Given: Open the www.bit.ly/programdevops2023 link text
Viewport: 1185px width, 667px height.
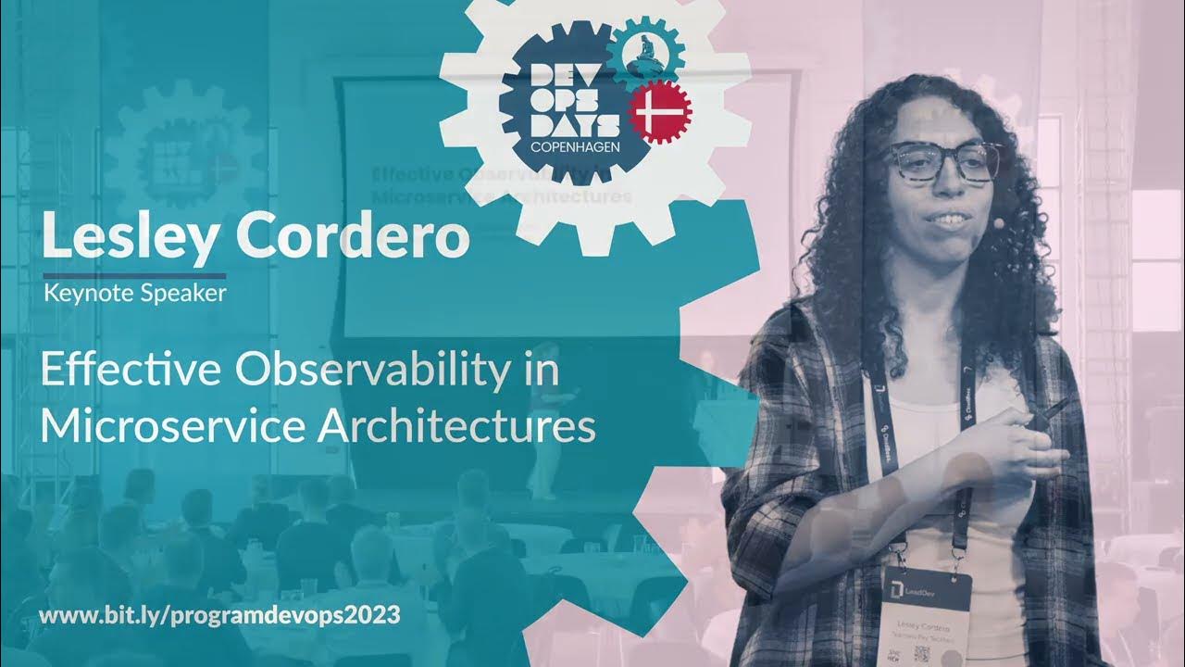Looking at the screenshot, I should click(x=219, y=616).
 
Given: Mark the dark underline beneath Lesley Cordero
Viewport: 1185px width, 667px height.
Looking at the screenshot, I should click(x=134, y=275).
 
